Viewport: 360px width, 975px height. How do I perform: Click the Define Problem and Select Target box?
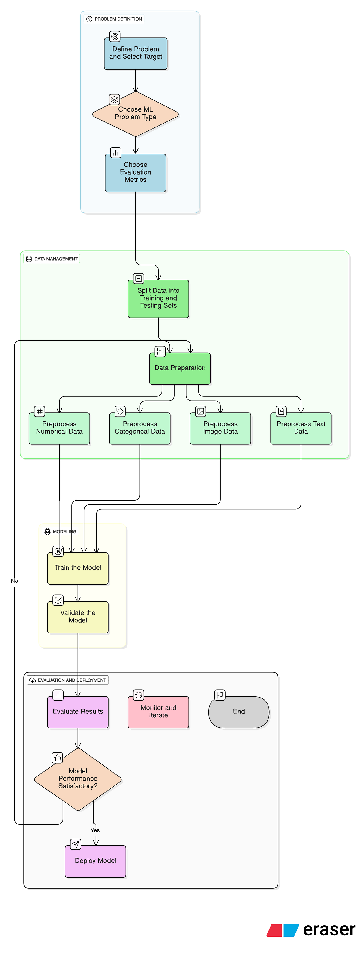(136, 53)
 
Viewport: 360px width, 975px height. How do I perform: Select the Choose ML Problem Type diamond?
(136, 114)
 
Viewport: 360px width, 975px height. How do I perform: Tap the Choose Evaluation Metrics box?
(136, 172)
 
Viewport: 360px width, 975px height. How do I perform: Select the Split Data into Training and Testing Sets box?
(158, 298)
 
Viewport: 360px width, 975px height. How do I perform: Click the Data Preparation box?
(180, 368)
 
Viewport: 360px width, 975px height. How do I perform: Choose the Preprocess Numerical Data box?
(59, 428)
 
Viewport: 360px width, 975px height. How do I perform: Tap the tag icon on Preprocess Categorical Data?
(120, 411)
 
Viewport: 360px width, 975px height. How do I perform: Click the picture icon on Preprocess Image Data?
(201, 411)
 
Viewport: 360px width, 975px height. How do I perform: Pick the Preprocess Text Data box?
(301, 428)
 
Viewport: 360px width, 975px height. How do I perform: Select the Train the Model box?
(78, 568)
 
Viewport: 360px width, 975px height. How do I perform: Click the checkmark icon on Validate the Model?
(58, 600)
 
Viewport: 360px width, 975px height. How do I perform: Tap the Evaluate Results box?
(78, 712)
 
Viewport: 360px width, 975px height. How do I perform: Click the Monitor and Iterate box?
(158, 712)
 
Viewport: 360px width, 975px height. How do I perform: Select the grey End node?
(239, 712)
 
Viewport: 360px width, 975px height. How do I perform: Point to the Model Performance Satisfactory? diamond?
(78, 779)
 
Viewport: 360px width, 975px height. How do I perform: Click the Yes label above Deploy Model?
(95, 830)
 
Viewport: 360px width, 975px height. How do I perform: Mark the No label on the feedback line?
(14, 581)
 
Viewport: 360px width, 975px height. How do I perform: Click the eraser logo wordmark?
(329, 930)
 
